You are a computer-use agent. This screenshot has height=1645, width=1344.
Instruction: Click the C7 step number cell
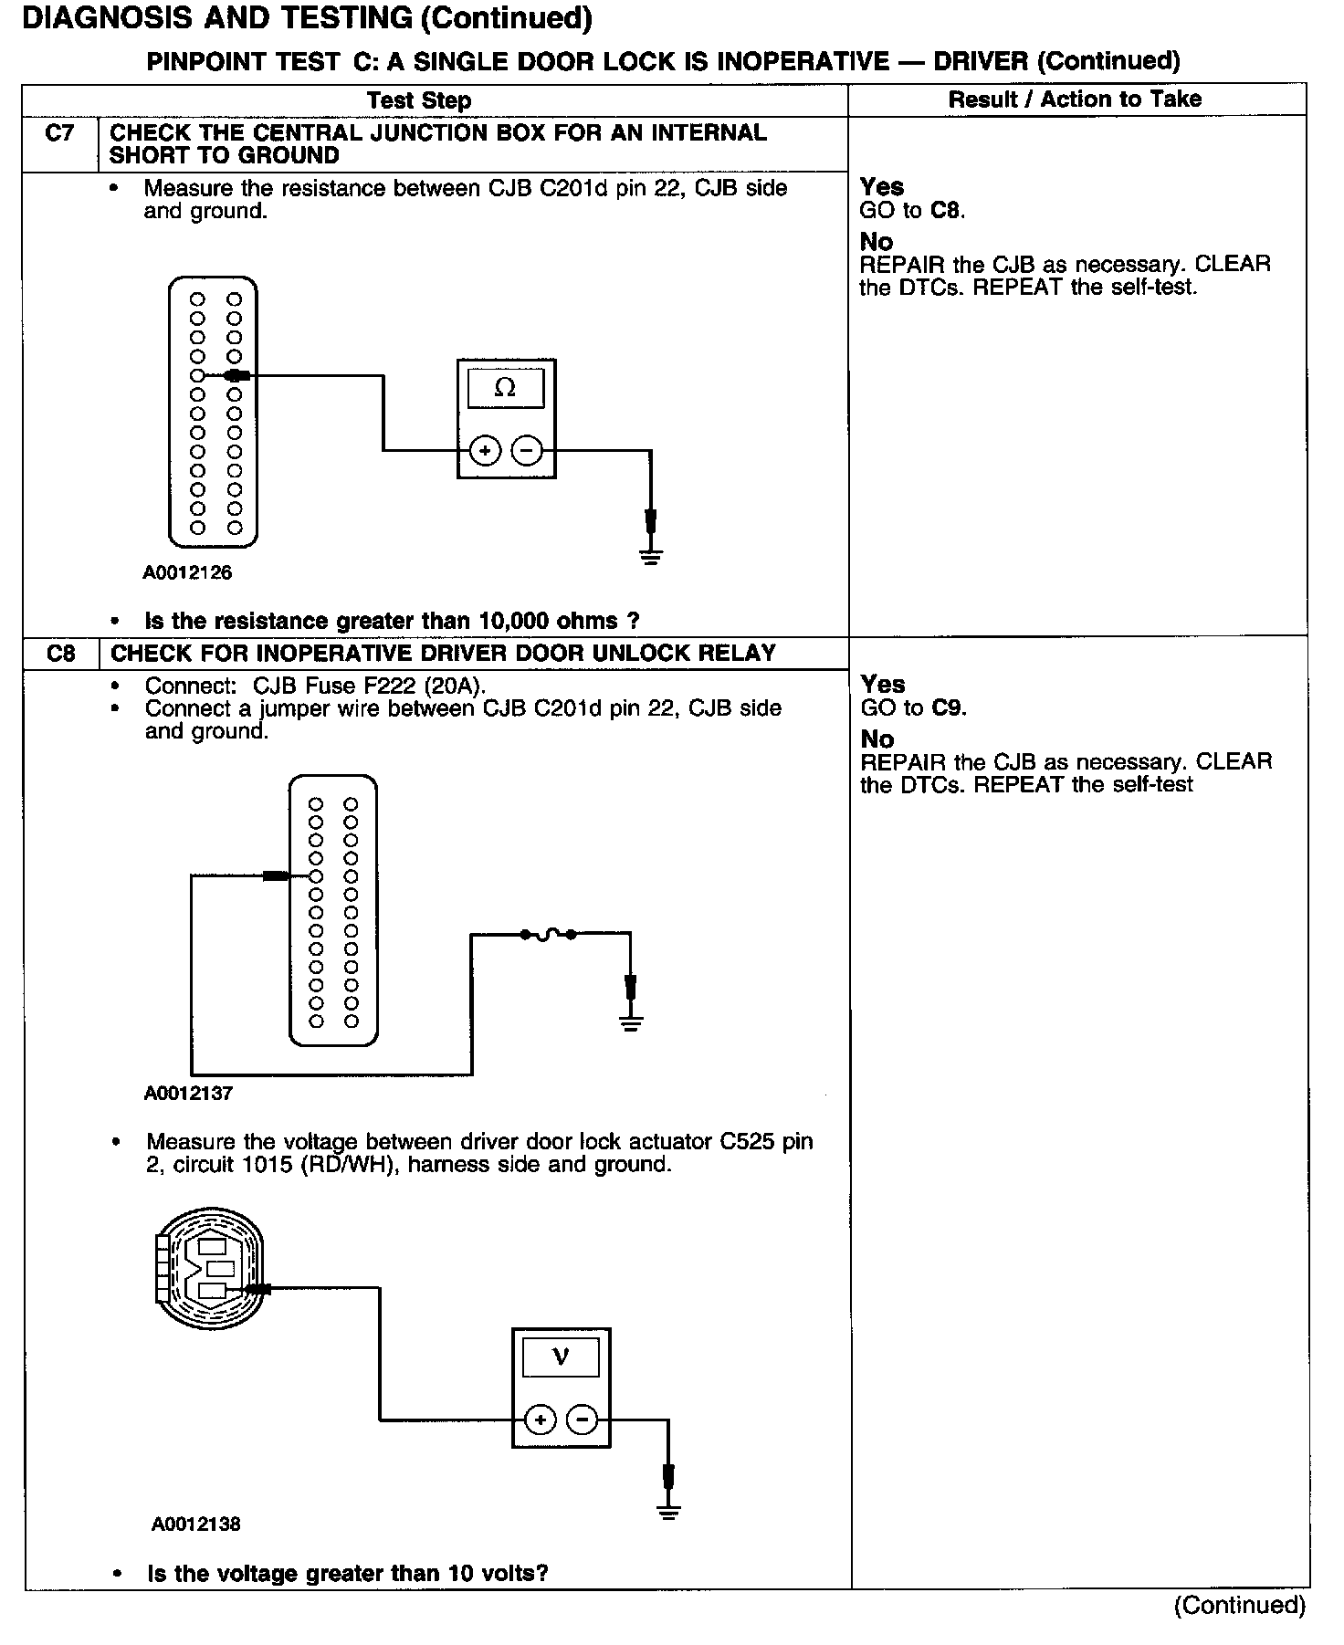tap(59, 134)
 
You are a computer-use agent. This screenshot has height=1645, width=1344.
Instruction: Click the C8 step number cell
tap(60, 654)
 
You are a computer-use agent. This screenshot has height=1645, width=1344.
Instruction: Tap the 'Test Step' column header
tap(419, 100)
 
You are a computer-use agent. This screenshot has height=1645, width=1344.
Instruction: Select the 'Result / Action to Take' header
tap(1075, 100)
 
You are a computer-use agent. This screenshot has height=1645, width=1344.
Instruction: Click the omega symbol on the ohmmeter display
tap(505, 388)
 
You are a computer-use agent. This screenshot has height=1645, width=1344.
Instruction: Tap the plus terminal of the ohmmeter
tap(485, 450)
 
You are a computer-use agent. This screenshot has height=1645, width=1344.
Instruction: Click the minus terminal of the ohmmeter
tap(527, 450)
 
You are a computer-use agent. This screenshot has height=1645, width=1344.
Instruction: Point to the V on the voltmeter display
tap(561, 1357)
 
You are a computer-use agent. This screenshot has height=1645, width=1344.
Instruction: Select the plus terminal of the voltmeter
tap(541, 1420)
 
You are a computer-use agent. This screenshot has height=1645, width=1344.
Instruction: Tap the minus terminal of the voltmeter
tap(583, 1420)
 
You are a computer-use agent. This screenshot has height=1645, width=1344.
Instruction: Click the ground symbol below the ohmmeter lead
tap(650, 556)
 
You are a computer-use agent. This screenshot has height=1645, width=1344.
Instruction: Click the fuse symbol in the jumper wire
tap(547, 934)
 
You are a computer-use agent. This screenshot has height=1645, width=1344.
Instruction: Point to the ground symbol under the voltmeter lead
tap(669, 1513)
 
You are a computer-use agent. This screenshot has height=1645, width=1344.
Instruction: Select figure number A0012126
tap(187, 573)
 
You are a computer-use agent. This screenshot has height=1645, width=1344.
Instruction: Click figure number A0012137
tap(188, 1094)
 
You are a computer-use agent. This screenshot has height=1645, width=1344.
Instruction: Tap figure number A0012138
tap(196, 1524)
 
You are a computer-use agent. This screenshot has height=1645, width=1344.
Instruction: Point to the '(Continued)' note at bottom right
tap(1239, 1605)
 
